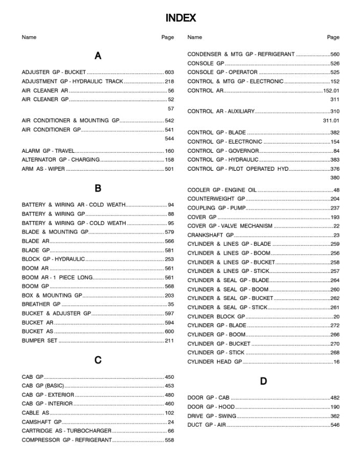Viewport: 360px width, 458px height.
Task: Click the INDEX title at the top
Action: click(x=181, y=18)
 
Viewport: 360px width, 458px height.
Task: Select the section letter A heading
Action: click(x=98, y=56)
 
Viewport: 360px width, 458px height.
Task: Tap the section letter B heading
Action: click(x=98, y=188)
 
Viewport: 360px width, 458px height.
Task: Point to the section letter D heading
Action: click(x=263, y=381)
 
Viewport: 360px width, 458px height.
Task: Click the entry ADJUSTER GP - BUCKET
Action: click(x=54, y=73)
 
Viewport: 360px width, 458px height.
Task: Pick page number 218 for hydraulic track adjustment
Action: click(x=169, y=82)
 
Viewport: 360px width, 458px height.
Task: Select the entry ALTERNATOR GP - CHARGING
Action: click(x=61, y=160)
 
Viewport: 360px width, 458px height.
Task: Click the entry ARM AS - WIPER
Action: click(x=43, y=169)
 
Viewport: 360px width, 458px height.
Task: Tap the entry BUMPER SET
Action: click(x=39, y=341)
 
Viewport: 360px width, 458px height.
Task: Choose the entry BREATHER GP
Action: click(x=41, y=305)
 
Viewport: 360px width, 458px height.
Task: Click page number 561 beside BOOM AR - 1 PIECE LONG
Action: click(x=169, y=278)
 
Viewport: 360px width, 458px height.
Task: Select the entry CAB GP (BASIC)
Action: click(x=43, y=386)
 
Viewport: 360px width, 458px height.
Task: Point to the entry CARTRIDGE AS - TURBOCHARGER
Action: click(x=66, y=431)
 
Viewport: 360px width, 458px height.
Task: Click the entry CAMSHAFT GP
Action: click(x=41, y=422)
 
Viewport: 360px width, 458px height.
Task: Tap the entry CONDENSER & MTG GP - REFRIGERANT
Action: click(x=241, y=54)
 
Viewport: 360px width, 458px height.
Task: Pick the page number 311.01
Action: click(x=331, y=121)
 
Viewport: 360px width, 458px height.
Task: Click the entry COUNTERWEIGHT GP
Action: click(x=216, y=199)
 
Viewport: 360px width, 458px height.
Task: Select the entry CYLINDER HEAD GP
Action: click(x=215, y=362)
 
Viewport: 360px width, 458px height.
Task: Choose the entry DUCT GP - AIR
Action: click(x=207, y=425)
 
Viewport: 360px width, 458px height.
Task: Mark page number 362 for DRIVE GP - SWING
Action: click(x=334, y=416)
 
